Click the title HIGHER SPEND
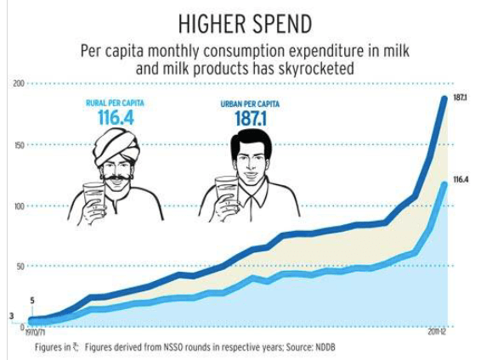245,24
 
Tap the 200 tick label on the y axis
19,83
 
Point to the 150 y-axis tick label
20,144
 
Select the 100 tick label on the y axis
19,205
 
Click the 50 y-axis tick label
20,267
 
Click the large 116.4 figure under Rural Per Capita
116,117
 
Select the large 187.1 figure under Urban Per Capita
251,119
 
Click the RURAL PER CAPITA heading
115,103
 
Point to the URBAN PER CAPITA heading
250,104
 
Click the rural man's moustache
116,178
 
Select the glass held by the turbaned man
93,195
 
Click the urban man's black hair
252,143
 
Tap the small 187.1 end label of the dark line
460,98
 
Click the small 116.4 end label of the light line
461,180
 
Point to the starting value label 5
32,301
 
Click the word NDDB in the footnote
325,347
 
